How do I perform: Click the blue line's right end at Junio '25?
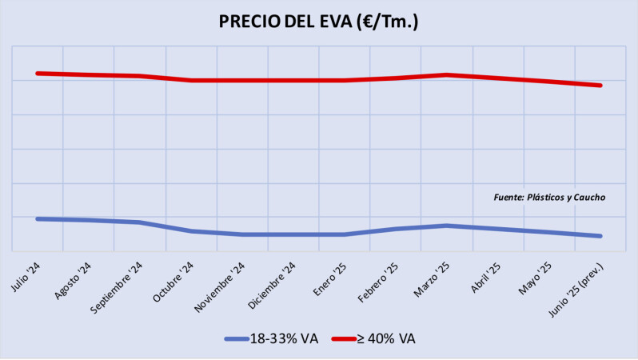coord(600,236)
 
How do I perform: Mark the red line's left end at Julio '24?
coord(38,73)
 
